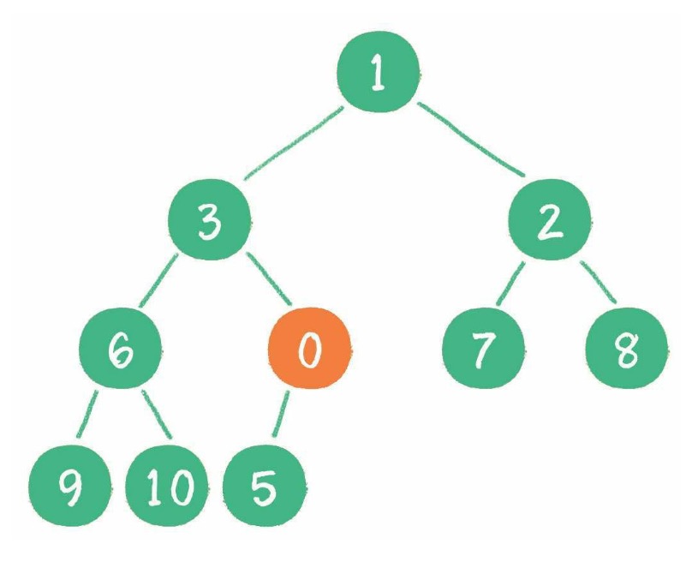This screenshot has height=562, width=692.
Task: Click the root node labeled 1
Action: point(378,71)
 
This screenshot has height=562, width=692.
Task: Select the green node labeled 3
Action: point(209,219)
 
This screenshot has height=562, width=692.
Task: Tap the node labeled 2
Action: point(550,219)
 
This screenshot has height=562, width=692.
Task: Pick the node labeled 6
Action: point(120,349)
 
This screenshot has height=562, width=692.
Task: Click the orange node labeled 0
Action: point(309,349)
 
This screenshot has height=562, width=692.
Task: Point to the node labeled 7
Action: point(483,349)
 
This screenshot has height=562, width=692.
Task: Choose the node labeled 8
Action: point(627,349)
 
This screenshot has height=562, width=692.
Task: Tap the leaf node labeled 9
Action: point(69,486)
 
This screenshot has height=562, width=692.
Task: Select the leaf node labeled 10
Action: point(167,486)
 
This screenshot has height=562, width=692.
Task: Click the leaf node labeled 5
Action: point(264,486)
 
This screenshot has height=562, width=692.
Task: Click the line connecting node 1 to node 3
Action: point(294,143)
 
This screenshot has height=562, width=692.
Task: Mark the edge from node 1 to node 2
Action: point(471,139)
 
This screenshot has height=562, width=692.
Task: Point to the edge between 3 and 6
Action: point(158,280)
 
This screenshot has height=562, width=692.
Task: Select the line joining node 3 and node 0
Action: point(269,278)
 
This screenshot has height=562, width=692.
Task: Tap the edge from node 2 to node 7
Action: point(510,284)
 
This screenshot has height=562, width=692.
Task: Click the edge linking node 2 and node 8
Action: point(599,282)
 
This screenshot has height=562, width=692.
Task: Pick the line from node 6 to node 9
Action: point(87,414)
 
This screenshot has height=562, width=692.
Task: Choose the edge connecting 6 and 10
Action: point(157,415)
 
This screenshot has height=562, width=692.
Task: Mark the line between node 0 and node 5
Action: point(281,414)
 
